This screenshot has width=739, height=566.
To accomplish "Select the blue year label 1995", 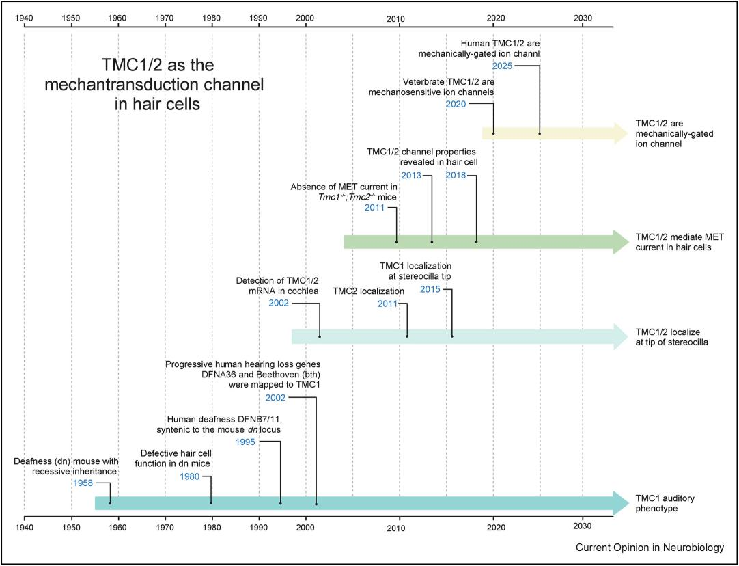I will coord(246,442).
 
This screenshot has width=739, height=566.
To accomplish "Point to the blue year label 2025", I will coord(502,66).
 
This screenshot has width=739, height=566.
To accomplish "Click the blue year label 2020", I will coord(456,103).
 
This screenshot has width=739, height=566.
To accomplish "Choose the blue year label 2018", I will coord(456,176).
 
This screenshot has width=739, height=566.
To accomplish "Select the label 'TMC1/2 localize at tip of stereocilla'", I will coord(671,336).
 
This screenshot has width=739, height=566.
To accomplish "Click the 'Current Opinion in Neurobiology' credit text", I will coord(649,548).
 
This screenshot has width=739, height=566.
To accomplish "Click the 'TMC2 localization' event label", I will coord(369,291).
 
